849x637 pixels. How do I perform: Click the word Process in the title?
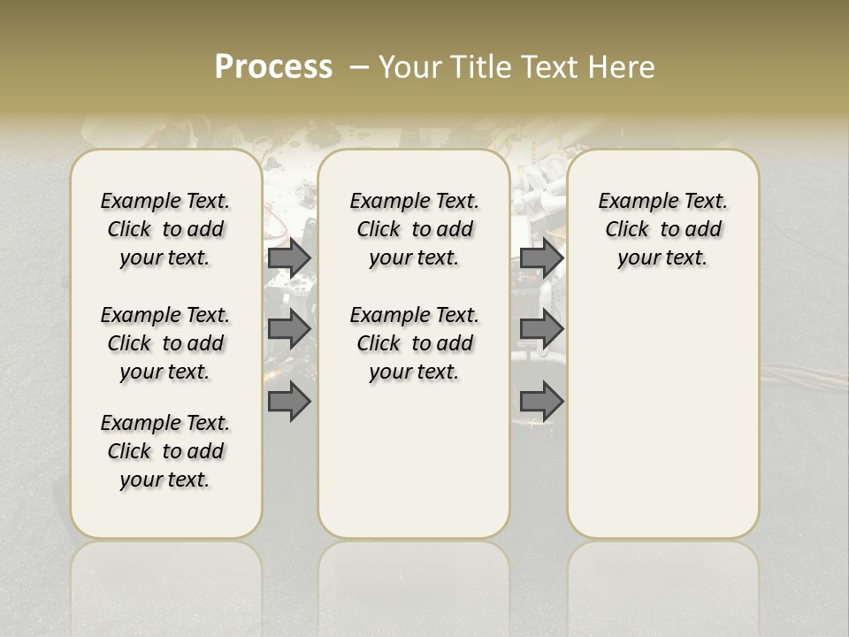[273, 67]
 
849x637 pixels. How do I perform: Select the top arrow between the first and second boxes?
[289, 257]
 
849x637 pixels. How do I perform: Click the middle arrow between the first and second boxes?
[289, 329]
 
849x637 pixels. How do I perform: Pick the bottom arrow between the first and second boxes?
[289, 402]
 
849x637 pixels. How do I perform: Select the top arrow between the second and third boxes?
[541, 257]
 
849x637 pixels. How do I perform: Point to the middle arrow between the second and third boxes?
[541, 329]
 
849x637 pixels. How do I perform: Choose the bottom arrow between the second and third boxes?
[541, 402]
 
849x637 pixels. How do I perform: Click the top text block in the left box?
[165, 229]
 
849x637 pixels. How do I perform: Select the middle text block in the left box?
[165, 343]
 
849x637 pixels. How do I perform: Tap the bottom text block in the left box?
[165, 451]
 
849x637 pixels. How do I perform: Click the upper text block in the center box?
[415, 229]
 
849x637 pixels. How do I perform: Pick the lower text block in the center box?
[415, 343]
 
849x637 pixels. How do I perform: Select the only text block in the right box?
[663, 229]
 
